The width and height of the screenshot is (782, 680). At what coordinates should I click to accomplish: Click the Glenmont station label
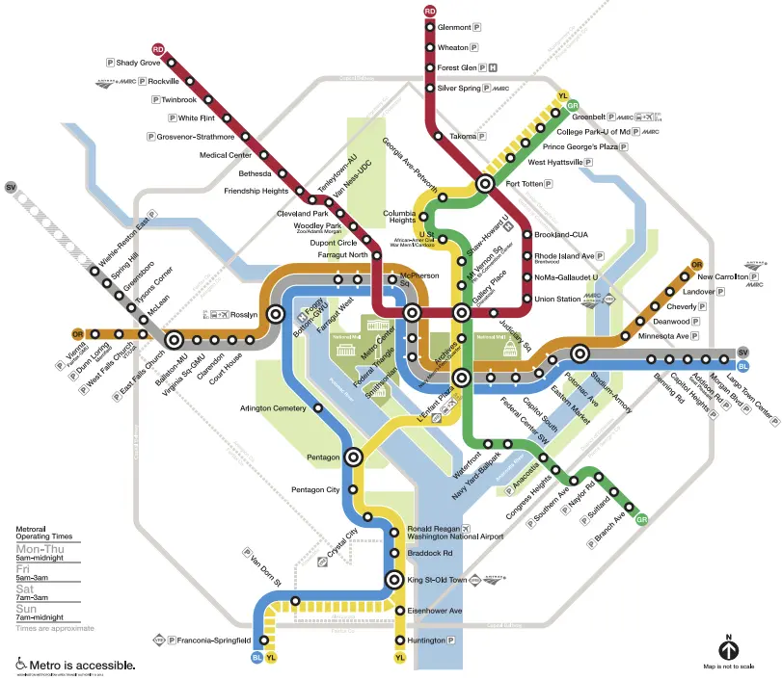[x=454, y=27]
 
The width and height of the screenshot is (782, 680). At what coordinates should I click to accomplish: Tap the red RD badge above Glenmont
[x=430, y=11]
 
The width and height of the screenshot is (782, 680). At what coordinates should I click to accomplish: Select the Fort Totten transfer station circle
[x=486, y=183]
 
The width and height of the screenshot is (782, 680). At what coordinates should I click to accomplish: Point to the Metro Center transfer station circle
[x=412, y=312]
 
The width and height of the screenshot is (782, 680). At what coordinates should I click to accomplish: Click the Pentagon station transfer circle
[x=354, y=458]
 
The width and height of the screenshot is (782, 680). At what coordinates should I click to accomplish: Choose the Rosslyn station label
[x=243, y=314]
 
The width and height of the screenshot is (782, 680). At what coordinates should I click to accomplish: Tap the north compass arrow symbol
[x=728, y=645]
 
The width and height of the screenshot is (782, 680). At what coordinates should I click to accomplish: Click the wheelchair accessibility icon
[x=21, y=665]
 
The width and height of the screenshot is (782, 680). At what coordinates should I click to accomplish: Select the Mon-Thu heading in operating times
[x=41, y=550]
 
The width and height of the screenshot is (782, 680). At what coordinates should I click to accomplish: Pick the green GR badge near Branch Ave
[x=642, y=520]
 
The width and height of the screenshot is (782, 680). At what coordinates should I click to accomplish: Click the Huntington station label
[x=425, y=641]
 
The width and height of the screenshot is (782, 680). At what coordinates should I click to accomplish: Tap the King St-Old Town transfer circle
[x=393, y=580]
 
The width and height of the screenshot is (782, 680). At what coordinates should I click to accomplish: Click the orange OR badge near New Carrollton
[x=697, y=265]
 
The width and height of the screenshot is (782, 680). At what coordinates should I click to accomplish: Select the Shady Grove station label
[x=138, y=63]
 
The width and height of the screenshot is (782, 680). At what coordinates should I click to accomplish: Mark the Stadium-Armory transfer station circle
[x=580, y=353]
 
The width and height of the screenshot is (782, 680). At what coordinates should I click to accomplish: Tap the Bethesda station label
[x=256, y=173]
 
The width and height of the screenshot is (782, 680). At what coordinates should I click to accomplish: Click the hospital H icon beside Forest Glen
[x=494, y=67]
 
